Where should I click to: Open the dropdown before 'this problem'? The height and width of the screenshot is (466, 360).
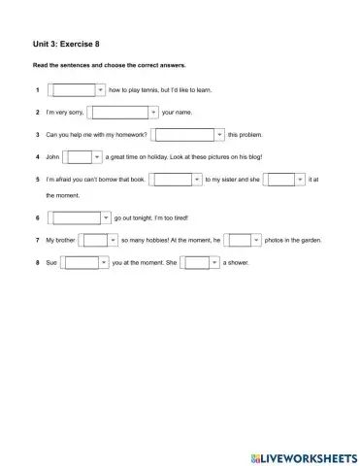point(189,135)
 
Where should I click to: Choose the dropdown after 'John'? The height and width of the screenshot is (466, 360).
point(82,157)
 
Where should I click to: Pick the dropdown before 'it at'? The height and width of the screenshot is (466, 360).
point(285,180)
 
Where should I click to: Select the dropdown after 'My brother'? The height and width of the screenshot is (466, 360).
point(97,240)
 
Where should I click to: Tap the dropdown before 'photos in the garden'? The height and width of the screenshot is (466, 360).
point(243,240)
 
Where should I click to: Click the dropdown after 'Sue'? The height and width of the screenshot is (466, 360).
point(86,262)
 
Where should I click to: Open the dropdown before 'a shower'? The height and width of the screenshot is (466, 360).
point(200,262)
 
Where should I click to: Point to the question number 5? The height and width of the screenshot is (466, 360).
point(36,180)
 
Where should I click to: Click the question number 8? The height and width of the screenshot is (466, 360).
point(36,262)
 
